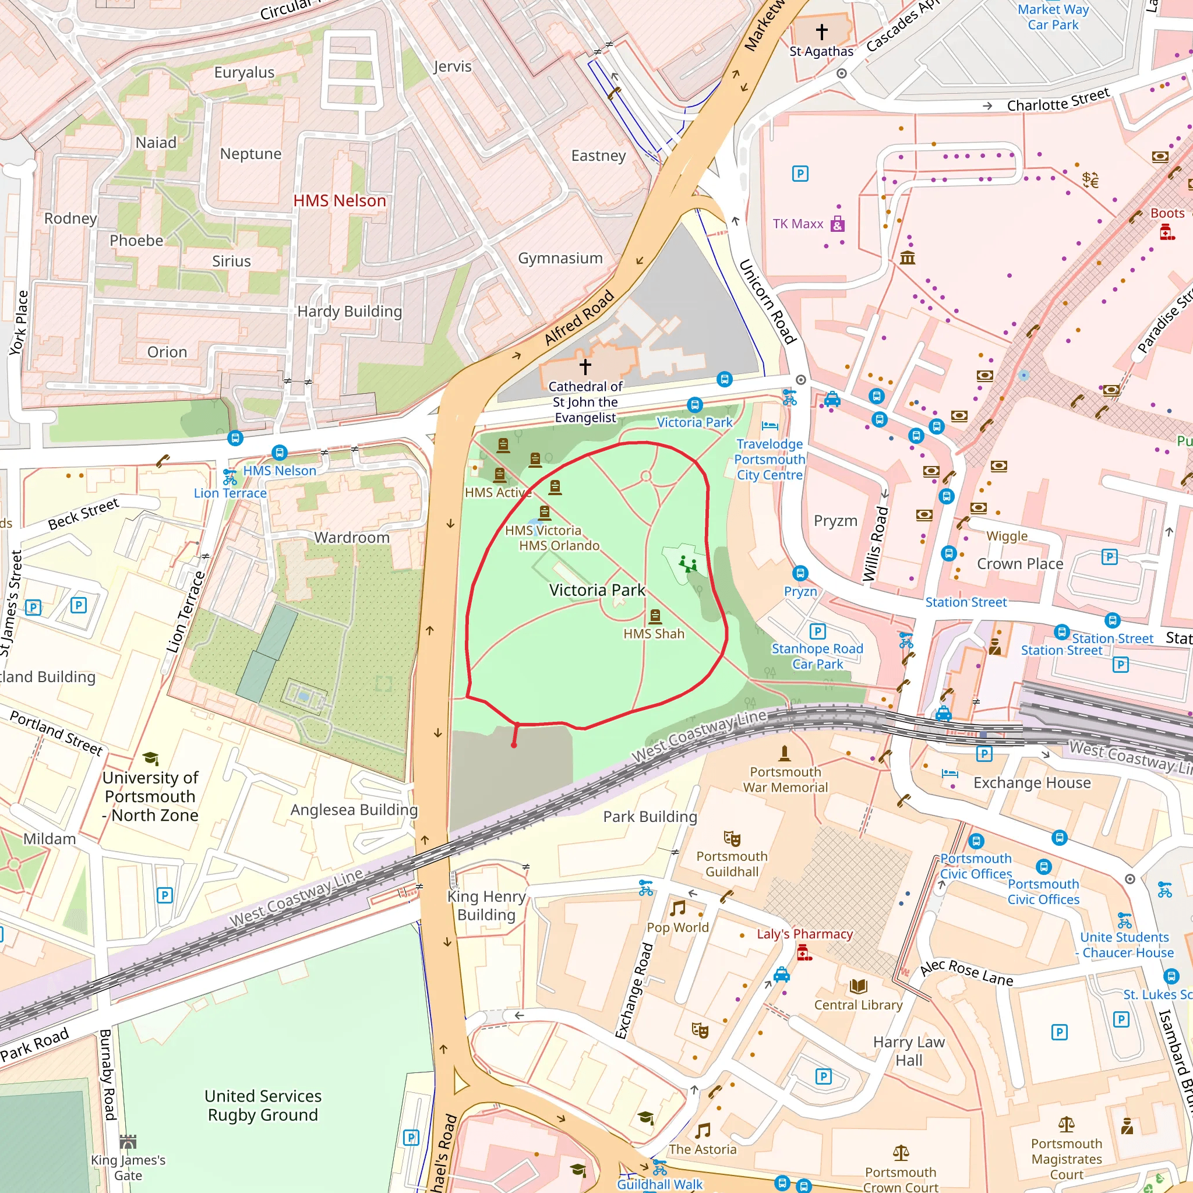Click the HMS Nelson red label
(339, 201)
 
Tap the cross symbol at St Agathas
(821, 31)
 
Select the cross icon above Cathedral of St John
(585, 366)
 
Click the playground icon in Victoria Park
(687, 563)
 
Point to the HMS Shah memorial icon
(655, 616)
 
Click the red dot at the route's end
(514, 745)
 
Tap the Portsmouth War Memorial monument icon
(784, 753)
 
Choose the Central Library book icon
(858, 986)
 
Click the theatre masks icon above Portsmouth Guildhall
(732, 838)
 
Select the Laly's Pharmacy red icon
(804, 954)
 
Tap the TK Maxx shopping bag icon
(836, 224)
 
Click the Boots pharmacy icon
(1166, 232)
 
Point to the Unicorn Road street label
(768, 301)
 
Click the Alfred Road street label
(578, 317)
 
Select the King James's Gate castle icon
(128, 1141)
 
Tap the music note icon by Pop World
(678, 908)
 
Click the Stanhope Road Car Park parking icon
(817, 631)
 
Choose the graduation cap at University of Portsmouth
(150, 758)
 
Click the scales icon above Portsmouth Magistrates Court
(1067, 1124)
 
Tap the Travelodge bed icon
(770, 425)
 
